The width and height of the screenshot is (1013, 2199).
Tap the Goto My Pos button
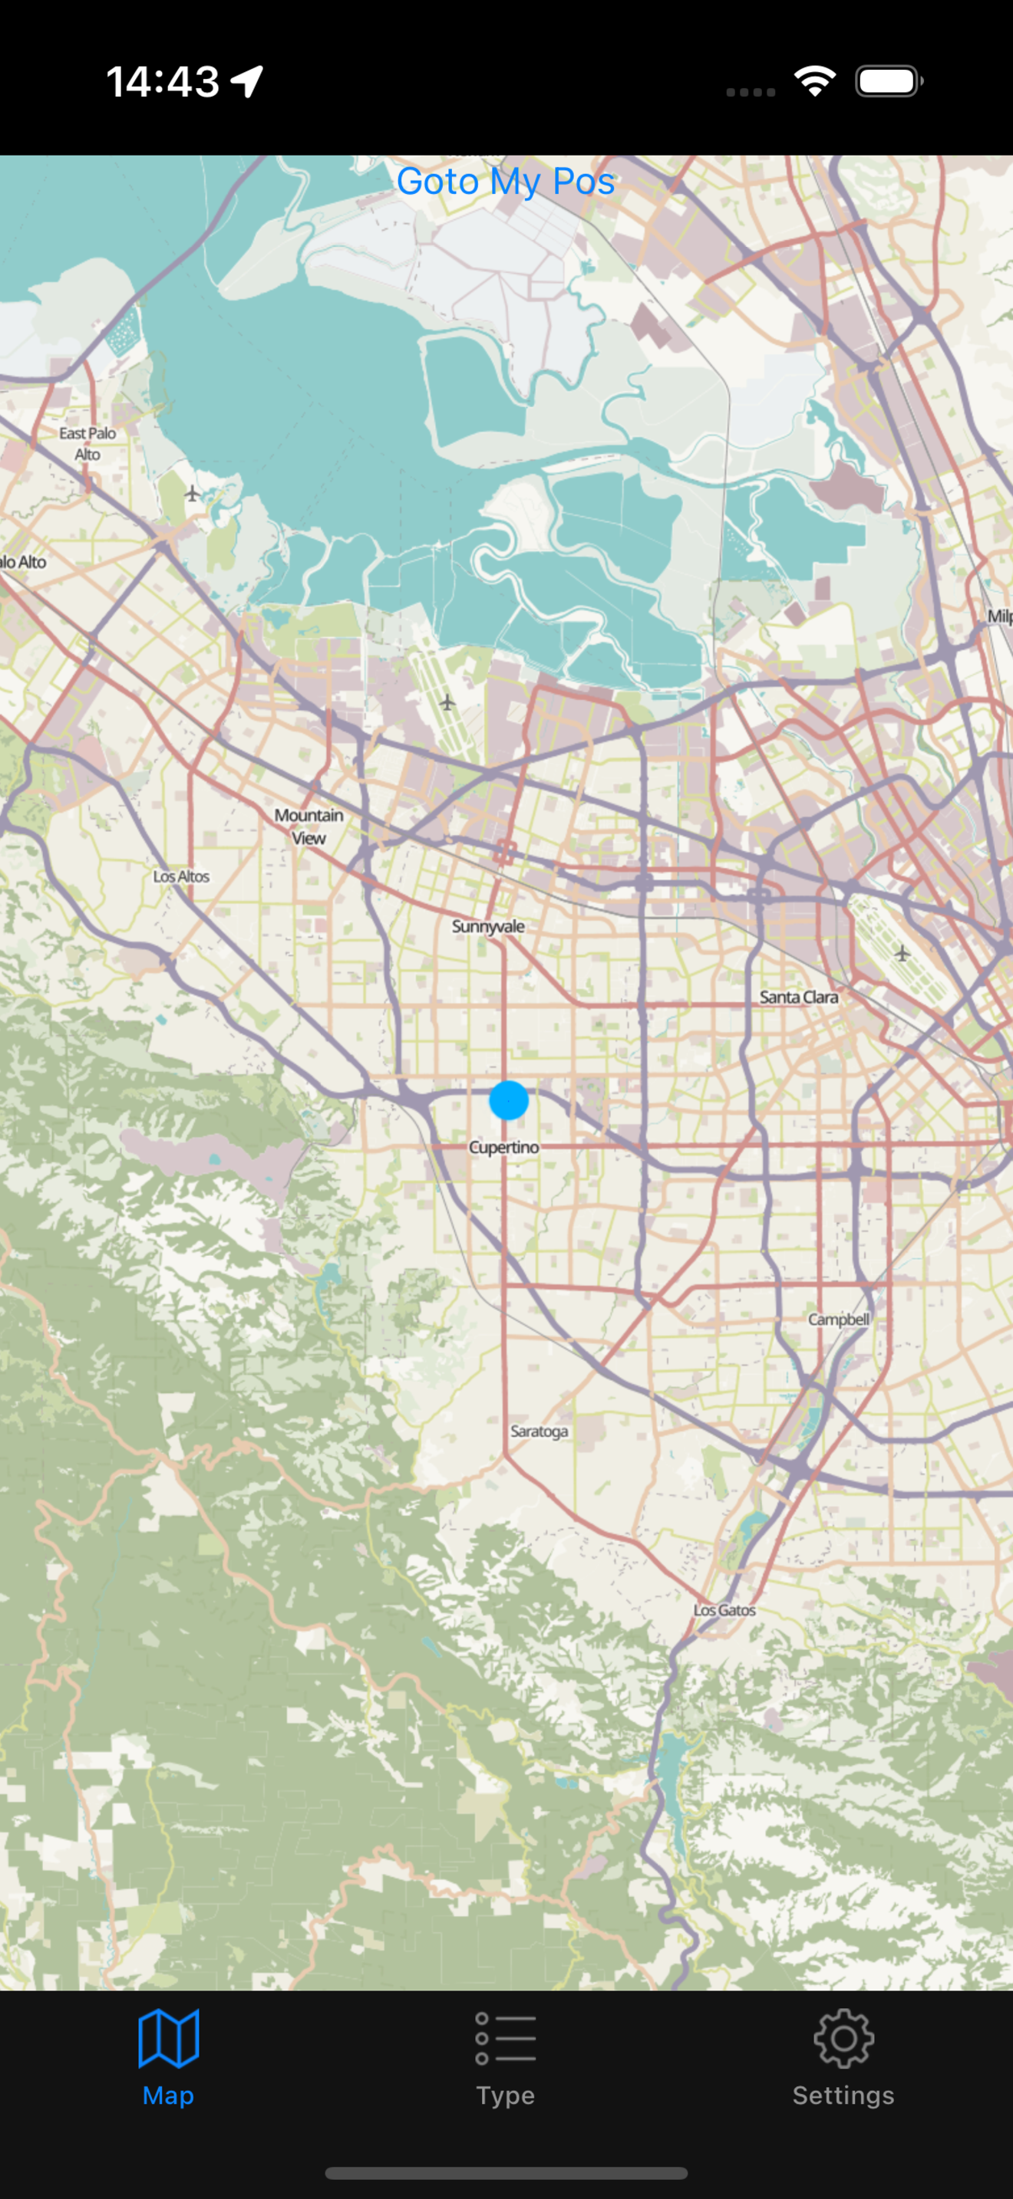point(506,181)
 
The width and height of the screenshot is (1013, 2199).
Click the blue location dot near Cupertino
point(509,1100)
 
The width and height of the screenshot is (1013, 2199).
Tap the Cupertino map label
point(504,1147)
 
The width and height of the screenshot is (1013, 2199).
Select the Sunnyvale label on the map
point(488,926)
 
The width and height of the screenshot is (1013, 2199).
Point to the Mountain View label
point(309,827)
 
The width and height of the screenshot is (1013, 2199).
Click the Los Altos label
point(181,876)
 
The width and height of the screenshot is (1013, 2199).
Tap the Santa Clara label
point(799,997)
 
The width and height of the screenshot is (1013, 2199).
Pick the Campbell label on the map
point(839,1319)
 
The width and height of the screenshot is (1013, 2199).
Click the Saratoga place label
point(539,1431)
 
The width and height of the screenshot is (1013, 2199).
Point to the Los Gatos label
point(724,1610)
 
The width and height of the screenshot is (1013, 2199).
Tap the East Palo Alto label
point(87,444)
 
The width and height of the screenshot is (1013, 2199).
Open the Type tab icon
point(506,2039)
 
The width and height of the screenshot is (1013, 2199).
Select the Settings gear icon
point(843,2039)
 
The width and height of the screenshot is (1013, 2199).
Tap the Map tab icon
point(168,2039)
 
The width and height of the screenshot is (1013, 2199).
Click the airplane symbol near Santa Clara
point(902,953)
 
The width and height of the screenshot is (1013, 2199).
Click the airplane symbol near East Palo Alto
point(192,494)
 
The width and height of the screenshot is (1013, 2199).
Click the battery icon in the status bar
point(889,82)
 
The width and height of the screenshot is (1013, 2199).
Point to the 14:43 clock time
point(162,82)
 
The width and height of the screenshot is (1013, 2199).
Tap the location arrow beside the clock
point(247,82)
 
